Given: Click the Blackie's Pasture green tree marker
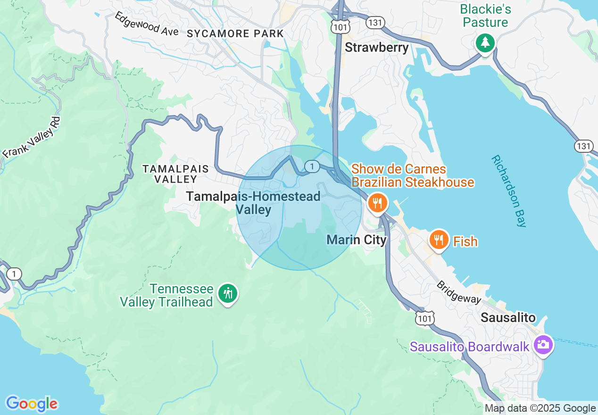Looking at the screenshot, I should pos(485,43).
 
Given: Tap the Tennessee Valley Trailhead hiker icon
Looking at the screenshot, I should pos(228,294).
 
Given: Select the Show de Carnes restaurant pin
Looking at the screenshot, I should pos(377,203).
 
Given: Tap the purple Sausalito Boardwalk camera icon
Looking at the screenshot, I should pos(543,345).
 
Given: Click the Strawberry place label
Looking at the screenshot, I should pos(376,47).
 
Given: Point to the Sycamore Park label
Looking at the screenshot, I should pos(235,33).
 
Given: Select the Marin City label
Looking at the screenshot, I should pos(357,240).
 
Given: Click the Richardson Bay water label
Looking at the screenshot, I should pos(508,191).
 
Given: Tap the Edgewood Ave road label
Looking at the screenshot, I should pos(147,24).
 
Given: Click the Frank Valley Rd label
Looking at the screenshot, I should pos(32,137).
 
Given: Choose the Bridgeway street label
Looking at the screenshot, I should pos(458,292).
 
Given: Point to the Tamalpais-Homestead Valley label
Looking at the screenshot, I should pos(253,203).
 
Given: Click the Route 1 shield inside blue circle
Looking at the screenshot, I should pos(312,166).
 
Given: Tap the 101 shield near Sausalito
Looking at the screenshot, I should pos(424,319).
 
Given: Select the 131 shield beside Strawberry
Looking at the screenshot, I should pos(376,22).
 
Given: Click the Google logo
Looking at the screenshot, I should pos(32,404).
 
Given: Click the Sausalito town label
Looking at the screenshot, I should pos(508,317).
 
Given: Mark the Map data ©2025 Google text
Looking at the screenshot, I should pos(540,408).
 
